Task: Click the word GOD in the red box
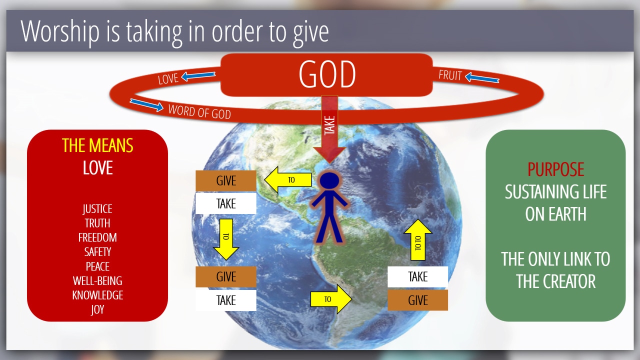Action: [x=327, y=74]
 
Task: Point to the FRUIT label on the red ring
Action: [x=450, y=75]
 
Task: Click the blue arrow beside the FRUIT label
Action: [x=482, y=77]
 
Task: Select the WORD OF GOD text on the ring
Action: [x=199, y=111]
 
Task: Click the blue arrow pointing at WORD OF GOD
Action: [x=146, y=105]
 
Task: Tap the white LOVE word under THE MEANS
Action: [x=97, y=167]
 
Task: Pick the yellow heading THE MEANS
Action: [x=97, y=145]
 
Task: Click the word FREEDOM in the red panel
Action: [x=97, y=237]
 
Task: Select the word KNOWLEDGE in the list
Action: [x=97, y=295]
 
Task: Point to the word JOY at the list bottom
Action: [x=97, y=310]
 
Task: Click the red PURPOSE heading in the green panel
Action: [x=555, y=169]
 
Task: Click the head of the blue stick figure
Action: [x=329, y=180]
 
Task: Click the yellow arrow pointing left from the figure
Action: [x=288, y=179]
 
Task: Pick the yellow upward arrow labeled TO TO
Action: [x=417, y=239]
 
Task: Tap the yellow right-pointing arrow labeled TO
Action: [x=331, y=299]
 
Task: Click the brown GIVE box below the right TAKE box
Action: [x=417, y=300]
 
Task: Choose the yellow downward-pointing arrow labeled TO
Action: [x=226, y=239]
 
